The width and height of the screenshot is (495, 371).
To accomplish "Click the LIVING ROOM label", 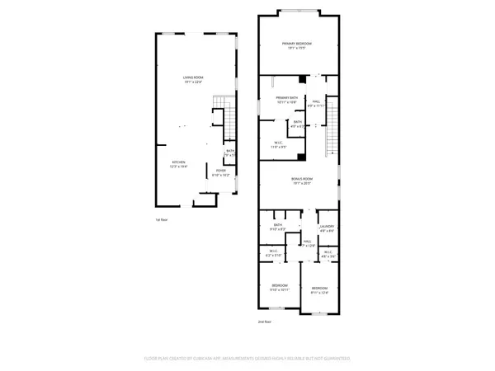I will click(x=194, y=79).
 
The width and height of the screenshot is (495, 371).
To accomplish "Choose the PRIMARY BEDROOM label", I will click(x=297, y=45).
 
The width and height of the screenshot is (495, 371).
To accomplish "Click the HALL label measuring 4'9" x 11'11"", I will click(x=318, y=103).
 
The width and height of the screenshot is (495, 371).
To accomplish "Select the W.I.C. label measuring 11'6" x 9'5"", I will click(x=280, y=144).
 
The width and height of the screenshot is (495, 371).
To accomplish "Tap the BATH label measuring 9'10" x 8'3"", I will click(x=278, y=227).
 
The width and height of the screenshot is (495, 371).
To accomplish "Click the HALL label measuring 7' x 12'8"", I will click(x=308, y=243).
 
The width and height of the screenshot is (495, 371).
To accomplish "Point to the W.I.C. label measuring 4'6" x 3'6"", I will click(x=328, y=254).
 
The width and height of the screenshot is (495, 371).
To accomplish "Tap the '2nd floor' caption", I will click(x=265, y=321).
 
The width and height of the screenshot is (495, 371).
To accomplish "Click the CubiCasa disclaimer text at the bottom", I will click(x=247, y=358).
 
